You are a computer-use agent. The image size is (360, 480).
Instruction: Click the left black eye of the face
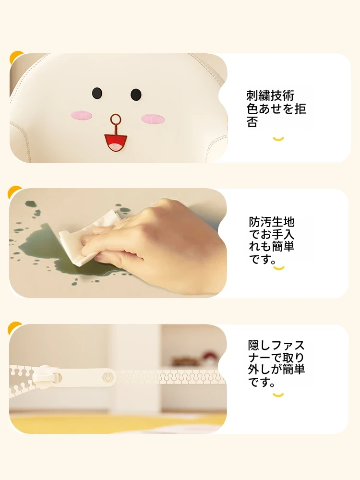[97, 93]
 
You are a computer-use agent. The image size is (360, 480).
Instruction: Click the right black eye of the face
[136, 94]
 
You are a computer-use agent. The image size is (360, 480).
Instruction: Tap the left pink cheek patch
[81, 115]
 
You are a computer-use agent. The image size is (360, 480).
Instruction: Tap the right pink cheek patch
[153, 119]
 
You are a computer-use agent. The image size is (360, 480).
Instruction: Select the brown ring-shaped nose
[116, 118]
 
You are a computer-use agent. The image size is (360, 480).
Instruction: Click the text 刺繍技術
[270, 96]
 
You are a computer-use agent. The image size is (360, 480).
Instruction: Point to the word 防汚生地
[272, 222]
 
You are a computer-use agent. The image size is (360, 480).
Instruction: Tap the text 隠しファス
[276, 345]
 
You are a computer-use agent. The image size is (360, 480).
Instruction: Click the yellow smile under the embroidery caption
[278, 139]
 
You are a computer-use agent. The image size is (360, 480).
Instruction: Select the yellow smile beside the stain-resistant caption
[279, 268]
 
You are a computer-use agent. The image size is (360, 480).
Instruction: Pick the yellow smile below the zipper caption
[278, 395]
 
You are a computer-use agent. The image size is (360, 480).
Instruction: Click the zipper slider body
[46, 377]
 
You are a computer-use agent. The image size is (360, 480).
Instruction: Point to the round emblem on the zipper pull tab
[108, 377]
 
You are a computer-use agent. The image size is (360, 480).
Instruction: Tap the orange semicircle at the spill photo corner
[14, 191]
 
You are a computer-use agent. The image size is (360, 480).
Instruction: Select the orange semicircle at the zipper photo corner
[14, 327]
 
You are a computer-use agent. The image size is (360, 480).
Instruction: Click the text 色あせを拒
[276, 108]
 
